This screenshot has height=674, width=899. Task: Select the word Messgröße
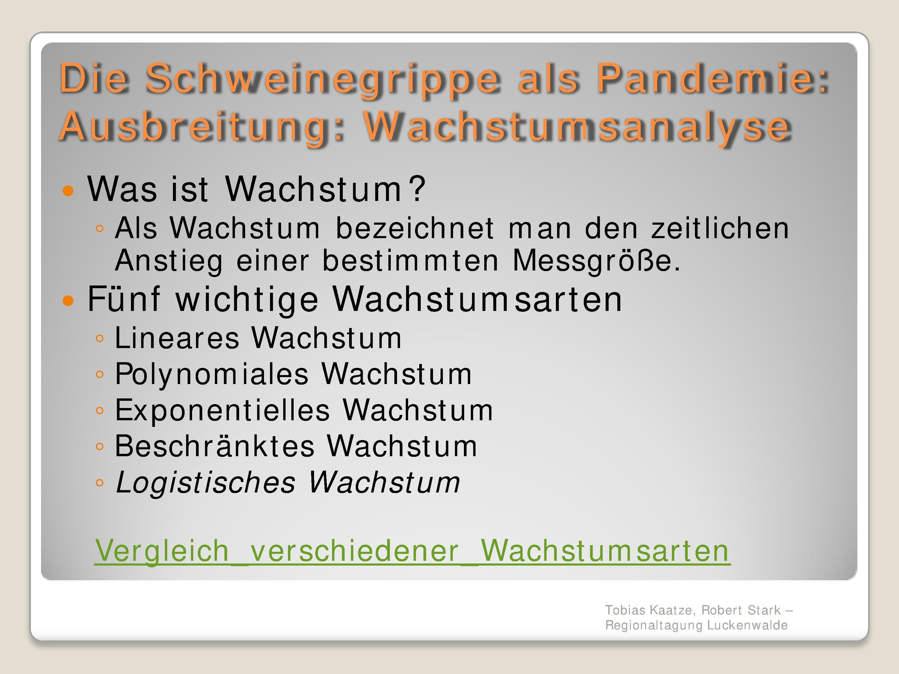[x=597, y=261]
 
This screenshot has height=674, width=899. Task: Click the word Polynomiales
[x=212, y=374]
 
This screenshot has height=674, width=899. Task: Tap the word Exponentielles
[x=222, y=410]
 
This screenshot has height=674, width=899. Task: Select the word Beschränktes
[x=215, y=446]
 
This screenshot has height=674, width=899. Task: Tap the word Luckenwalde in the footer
[x=747, y=625]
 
